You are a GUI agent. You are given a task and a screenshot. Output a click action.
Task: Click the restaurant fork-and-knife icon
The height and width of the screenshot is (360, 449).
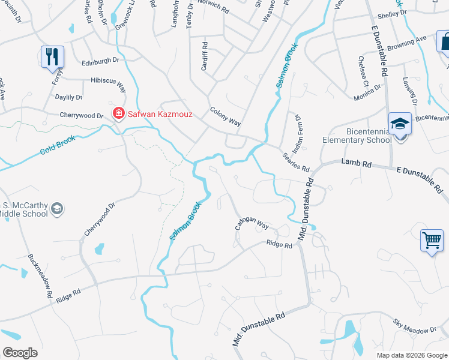52,57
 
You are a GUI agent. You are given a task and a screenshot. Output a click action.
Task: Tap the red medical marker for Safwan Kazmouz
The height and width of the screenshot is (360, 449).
119,113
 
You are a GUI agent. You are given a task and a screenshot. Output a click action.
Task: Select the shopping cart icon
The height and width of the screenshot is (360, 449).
432,241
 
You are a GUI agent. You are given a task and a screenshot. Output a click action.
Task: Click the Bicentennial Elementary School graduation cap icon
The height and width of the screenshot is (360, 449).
400,124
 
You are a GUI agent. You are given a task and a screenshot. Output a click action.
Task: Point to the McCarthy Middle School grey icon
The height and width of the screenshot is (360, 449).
57,209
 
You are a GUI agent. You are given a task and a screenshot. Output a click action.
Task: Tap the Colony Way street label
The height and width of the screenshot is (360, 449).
225,116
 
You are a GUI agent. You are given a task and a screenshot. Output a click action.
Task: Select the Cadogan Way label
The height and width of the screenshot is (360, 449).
252,223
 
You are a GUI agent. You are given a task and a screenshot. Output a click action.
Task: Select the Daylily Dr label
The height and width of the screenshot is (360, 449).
69,97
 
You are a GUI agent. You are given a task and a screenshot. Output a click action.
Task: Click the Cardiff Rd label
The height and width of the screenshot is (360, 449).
205,56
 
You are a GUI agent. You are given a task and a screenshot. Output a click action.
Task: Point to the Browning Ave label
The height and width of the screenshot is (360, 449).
406,43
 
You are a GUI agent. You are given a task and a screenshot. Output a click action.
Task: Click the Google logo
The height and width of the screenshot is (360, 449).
19,353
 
